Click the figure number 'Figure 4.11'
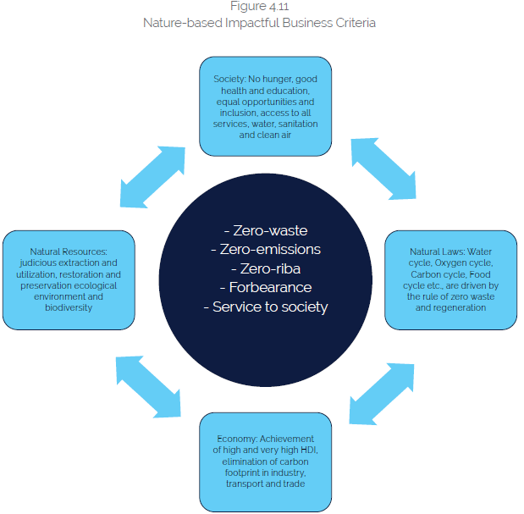click(x=260, y=8)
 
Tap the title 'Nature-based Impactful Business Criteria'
click(x=260, y=23)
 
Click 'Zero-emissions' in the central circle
click(x=265, y=250)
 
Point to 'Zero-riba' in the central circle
click(x=265, y=268)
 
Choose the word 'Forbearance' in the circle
click(x=265, y=287)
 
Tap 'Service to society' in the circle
click(x=265, y=307)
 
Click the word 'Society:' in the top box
click(x=229, y=80)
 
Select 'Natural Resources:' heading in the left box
click(x=62, y=251)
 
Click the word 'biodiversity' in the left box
click(x=67, y=307)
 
